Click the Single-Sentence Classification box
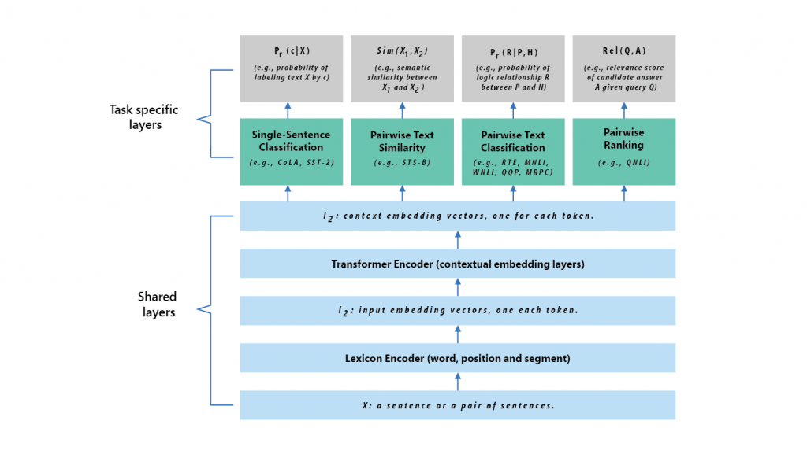(291, 151)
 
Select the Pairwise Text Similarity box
(402, 151)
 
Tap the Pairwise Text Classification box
(512, 151)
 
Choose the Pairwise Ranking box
(623, 151)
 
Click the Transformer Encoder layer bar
(457, 264)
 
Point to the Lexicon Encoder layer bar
(457, 358)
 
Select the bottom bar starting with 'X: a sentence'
(457, 405)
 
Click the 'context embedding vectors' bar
(457, 216)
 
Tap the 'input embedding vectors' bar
(457, 310)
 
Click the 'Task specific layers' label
(143, 117)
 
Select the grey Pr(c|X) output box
(291, 68)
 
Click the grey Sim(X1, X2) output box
(402, 68)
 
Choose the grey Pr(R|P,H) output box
(512, 68)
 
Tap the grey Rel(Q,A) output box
(623, 68)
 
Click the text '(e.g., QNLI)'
(623, 163)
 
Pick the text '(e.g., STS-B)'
(402, 163)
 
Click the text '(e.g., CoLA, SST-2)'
(291, 163)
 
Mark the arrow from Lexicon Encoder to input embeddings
(458, 334)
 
